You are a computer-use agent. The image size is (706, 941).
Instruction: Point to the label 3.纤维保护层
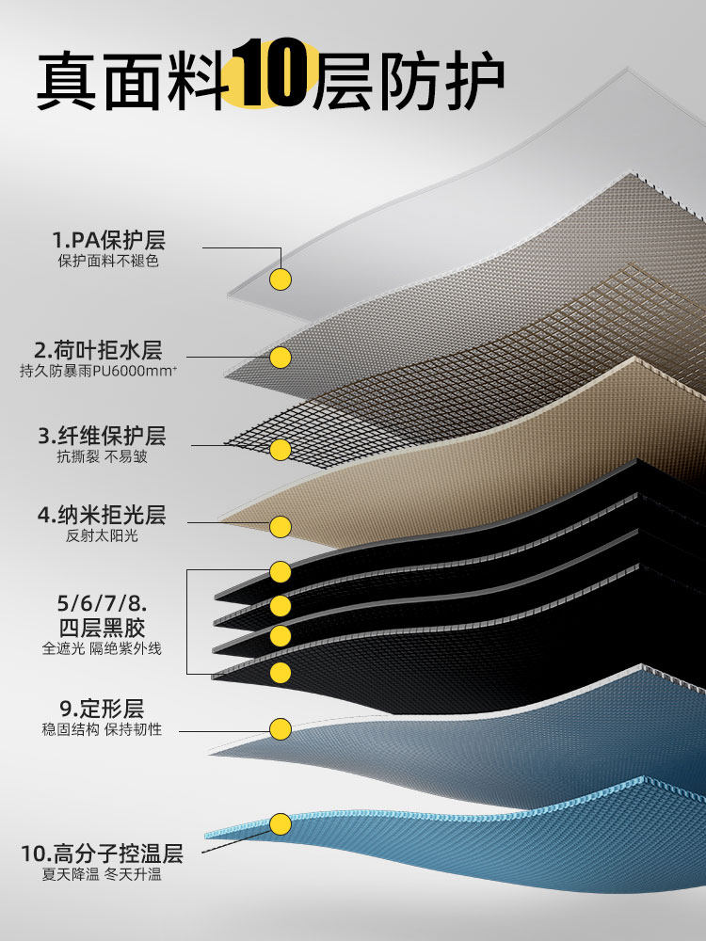(x=102, y=436)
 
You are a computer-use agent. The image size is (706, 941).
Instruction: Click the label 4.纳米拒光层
(x=102, y=516)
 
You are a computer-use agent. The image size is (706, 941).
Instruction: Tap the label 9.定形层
(x=102, y=709)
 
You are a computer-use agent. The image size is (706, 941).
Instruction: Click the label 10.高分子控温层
(x=102, y=854)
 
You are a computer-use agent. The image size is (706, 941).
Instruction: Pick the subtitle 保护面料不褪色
(x=108, y=261)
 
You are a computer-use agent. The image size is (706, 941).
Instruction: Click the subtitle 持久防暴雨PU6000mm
(x=98, y=372)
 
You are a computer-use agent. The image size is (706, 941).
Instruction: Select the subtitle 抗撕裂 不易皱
(x=102, y=457)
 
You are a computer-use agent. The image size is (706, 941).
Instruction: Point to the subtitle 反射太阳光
(x=102, y=536)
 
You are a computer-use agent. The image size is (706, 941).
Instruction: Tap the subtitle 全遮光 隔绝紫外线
(x=102, y=648)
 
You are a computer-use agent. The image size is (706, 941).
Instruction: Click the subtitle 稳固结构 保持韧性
(x=102, y=730)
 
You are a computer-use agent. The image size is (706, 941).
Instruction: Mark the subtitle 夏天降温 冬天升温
(x=102, y=875)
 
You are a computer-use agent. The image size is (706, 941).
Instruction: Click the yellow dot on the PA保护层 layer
(x=281, y=279)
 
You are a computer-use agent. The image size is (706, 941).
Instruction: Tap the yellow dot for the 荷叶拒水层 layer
(x=281, y=358)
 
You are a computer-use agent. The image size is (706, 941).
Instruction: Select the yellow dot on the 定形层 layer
(x=281, y=729)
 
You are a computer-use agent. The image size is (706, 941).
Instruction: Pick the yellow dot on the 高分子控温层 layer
(x=281, y=824)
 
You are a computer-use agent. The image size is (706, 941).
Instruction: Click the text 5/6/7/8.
(x=102, y=602)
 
